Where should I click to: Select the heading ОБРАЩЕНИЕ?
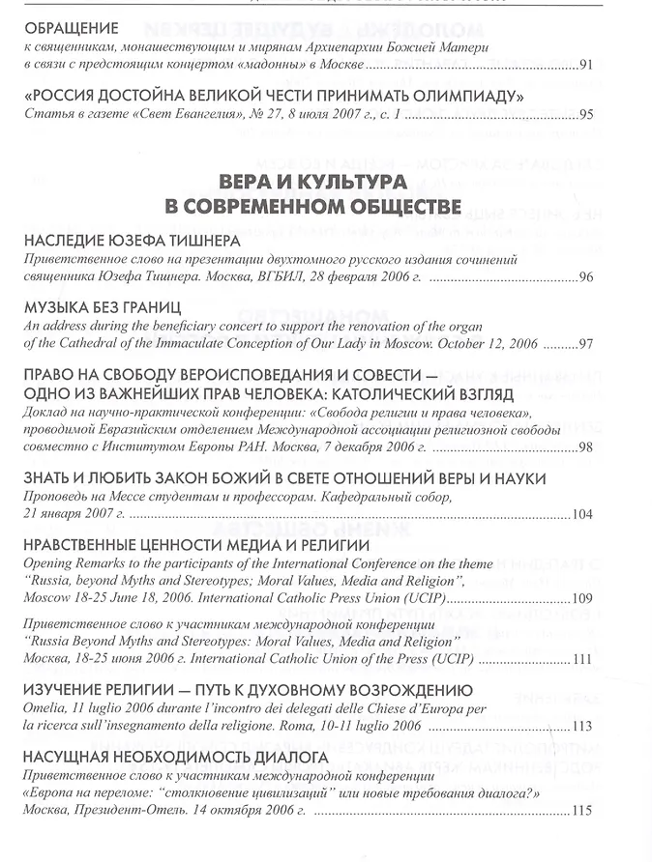[72, 29]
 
